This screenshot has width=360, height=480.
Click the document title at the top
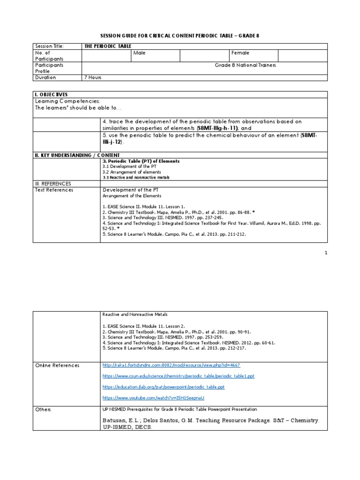tap(180, 35)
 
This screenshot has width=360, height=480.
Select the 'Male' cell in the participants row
tap(139, 53)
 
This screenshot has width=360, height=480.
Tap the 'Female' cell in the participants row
tap(240, 53)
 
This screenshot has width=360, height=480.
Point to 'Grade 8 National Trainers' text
tap(245, 65)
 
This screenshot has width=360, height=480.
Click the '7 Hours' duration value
tap(92, 77)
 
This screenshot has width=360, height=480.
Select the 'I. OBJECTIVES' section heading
tap(52, 94)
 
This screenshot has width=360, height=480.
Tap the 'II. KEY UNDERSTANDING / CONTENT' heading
tap(78, 155)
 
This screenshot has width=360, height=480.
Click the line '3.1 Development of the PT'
tap(126, 166)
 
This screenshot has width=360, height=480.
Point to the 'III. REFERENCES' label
tap(52, 184)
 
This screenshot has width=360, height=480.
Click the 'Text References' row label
tap(54, 190)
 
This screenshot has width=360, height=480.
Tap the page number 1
tap(325, 253)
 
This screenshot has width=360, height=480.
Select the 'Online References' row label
tap(57, 365)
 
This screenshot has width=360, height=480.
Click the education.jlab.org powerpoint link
tap(163, 387)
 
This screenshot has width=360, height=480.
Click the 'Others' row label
tap(43, 409)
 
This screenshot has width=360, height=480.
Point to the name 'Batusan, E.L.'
tap(121, 421)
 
